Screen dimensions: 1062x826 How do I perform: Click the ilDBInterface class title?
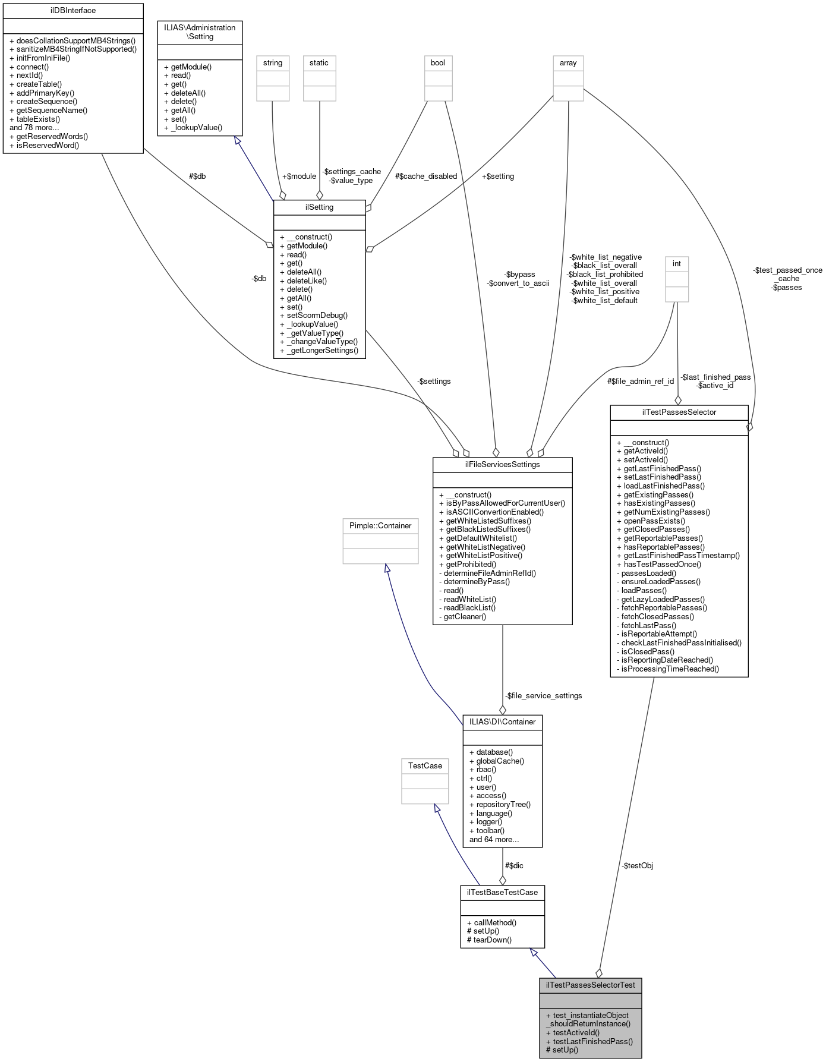coord(73,11)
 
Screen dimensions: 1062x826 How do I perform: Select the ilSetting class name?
coord(319,207)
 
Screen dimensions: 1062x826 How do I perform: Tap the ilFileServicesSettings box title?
coord(502,465)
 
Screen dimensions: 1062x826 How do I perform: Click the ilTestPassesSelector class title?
coord(679,412)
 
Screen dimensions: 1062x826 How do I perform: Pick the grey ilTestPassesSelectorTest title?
coord(591,985)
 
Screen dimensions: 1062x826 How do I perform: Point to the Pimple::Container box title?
coord(380,526)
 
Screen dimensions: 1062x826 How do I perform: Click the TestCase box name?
coord(425,766)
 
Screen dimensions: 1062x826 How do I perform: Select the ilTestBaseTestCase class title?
coord(502,893)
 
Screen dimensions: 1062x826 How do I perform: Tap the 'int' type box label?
coord(676,264)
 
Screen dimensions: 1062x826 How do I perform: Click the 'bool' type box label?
coord(437,63)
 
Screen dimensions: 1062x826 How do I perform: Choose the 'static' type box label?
coord(319,63)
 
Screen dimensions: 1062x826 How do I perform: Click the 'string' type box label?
coord(273,63)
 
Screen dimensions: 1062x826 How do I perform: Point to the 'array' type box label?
coord(568,63)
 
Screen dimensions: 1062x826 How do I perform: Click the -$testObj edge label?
coord(637,866)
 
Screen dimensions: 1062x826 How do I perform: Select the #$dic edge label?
coord(514,866)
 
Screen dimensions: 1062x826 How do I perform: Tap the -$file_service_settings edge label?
coord(543,696)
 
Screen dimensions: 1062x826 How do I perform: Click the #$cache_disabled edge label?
coord(426,177)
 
